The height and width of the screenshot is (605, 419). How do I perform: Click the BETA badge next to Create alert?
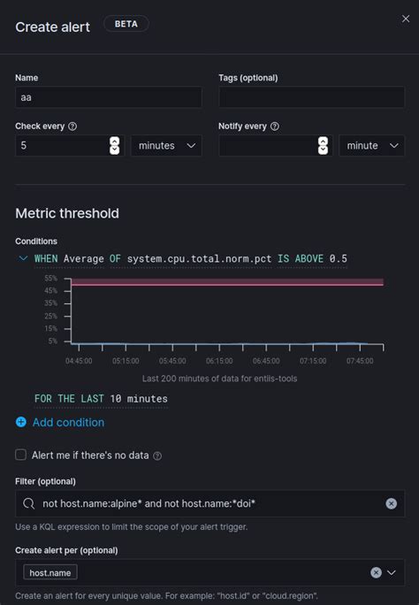[x=126, y=25]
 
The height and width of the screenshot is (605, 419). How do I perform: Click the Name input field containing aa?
[x=108, y=98]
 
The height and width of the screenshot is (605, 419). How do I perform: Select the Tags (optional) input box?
[x=311, y=98]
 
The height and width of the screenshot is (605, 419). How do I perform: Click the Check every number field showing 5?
[x=62, y=145]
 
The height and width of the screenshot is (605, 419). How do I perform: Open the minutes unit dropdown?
[x=166, y=145]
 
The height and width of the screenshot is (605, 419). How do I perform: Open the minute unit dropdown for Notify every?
[x=371, y=145]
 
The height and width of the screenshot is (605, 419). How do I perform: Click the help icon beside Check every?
[x=72, y=126]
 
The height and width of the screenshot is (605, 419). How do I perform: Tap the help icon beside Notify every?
[x=275, y=126]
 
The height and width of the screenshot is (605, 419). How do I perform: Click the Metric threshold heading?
[x=67, y=213]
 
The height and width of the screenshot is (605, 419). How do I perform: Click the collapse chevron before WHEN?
[x=22, y=258]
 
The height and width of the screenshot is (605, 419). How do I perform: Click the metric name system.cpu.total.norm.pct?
[x=199, y=258]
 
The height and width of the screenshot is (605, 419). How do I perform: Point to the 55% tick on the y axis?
[x=51, y=278]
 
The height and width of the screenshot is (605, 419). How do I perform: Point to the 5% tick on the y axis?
[x=53, y=341]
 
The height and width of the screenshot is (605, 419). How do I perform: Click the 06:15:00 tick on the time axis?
[x=219, y=361]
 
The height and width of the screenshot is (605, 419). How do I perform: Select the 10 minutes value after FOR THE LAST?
[x=139, y=398]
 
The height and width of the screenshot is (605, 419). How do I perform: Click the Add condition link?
[x=68, y=422]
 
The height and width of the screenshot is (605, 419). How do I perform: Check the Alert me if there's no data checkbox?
[x=20, y=455]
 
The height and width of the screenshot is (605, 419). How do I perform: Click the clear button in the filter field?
[x=392, y=503]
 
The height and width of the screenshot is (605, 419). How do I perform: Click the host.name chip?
[x=50, y=573]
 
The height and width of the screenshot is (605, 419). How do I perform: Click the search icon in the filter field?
[x=28, y=503]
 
